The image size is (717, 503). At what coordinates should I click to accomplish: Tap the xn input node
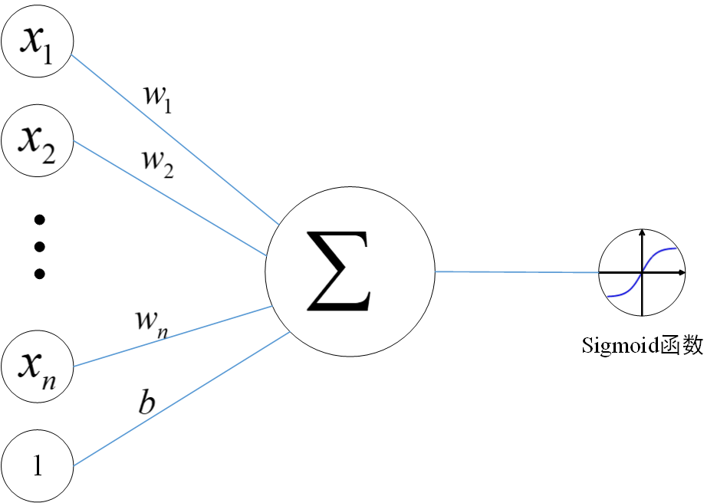[x=38, y=367]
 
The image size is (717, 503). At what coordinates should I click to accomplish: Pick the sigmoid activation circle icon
[x=641, y=272]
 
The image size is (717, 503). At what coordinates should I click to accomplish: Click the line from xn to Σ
[x=173, y=336]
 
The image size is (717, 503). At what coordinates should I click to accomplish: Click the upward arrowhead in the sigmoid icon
[x=642, y=232]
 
